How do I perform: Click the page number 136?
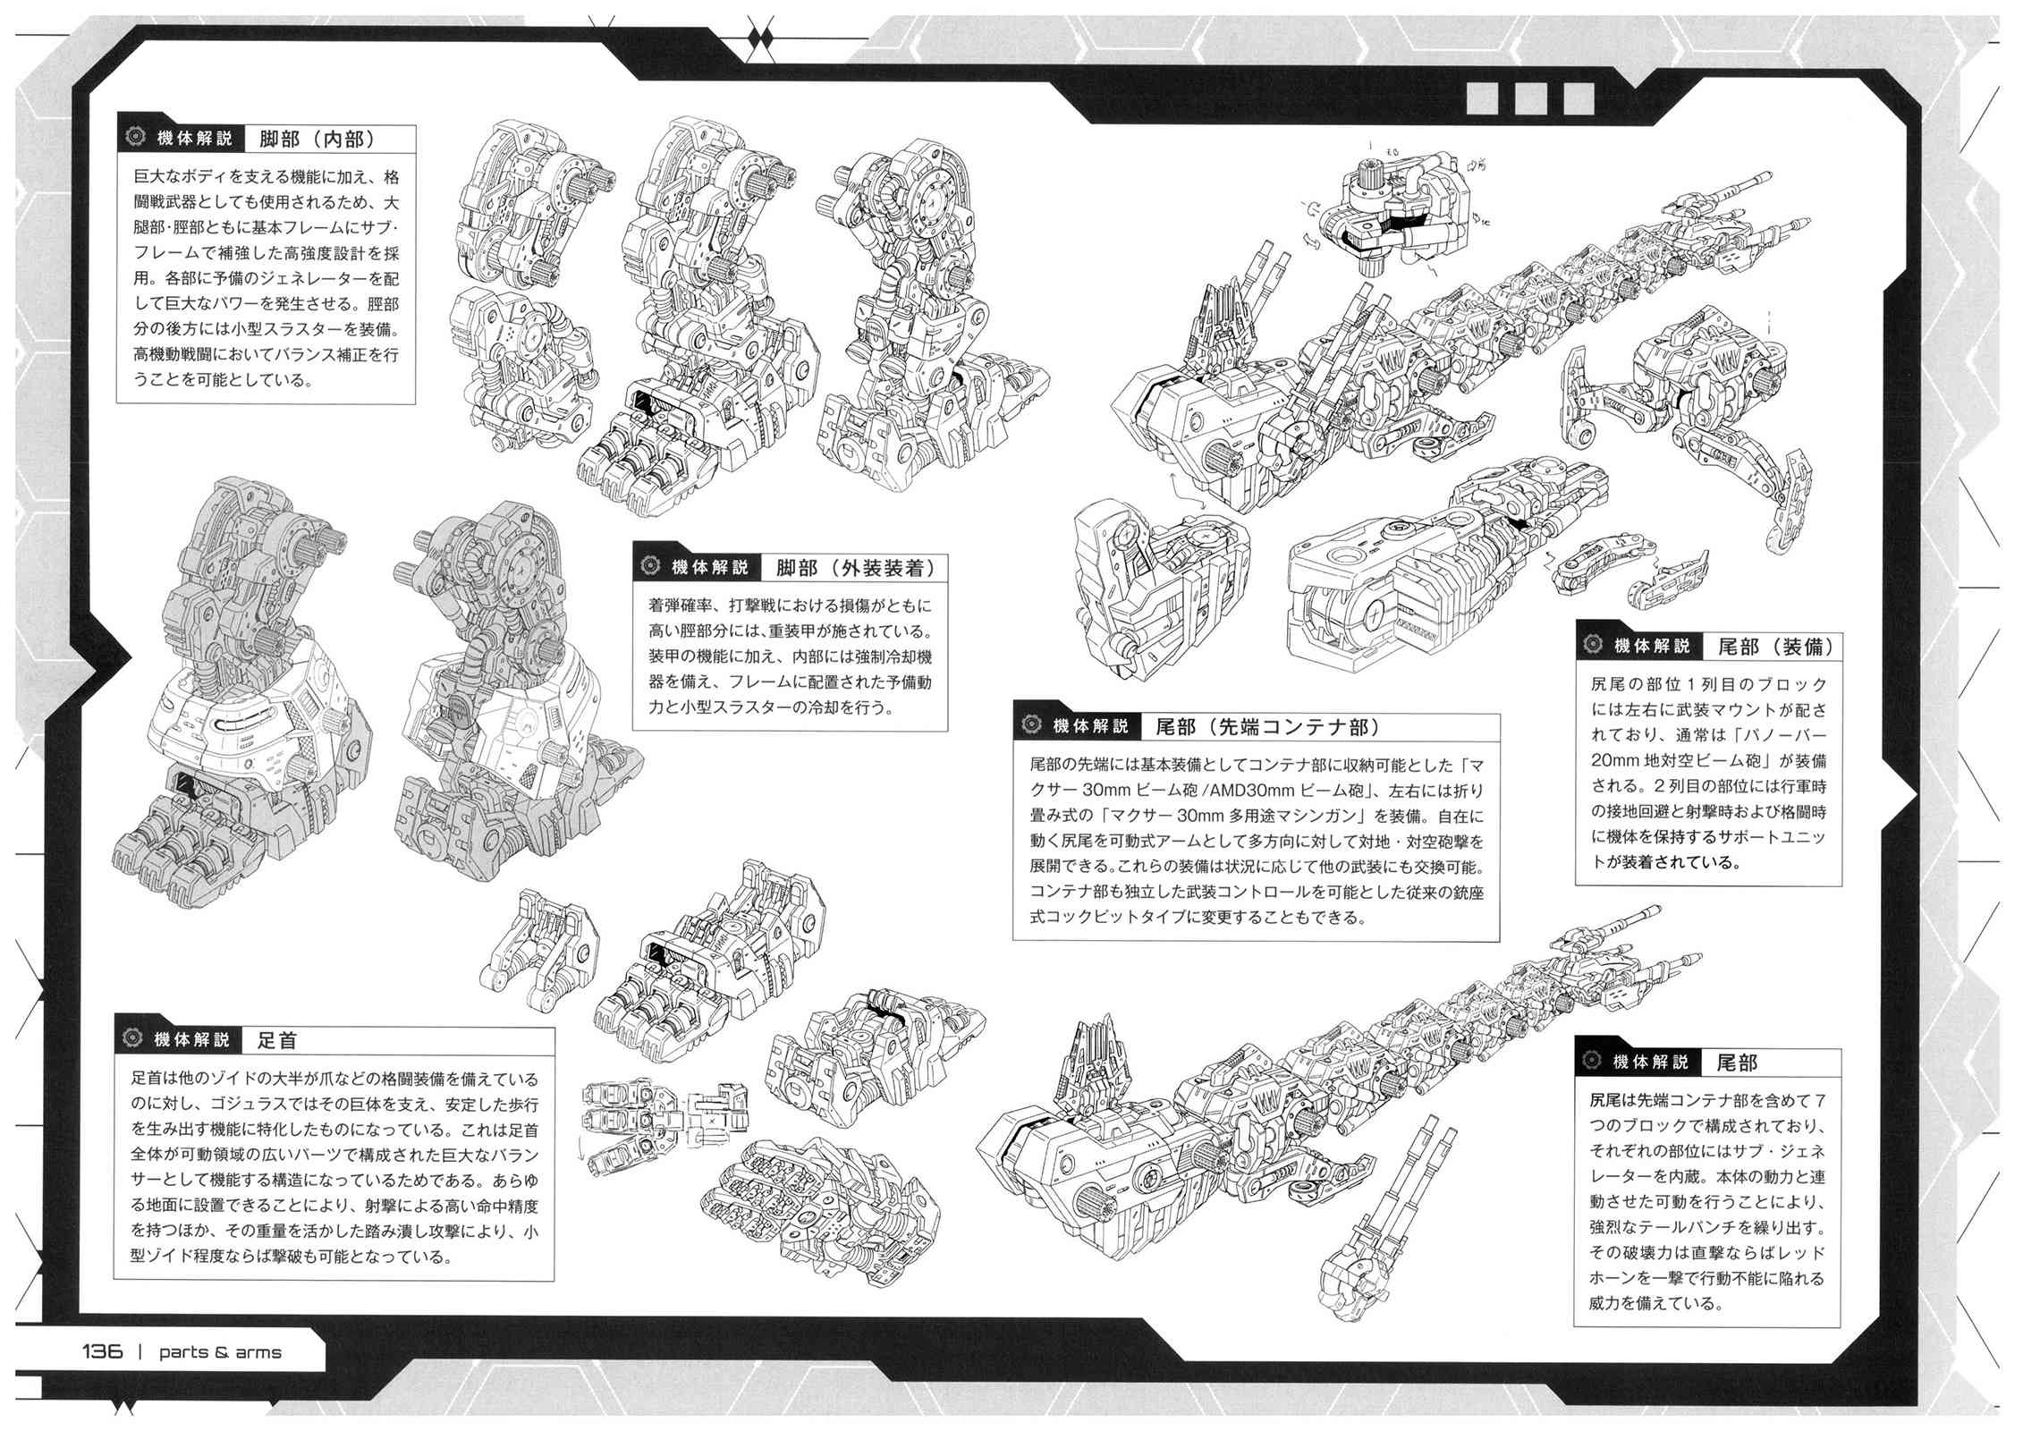[x=103, y=1351]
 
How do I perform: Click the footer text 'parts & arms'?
[x=220, y=1352]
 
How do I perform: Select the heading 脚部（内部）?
[x=316, y=139]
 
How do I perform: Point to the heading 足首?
[x=277, y=1039]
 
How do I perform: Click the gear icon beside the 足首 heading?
[x=135, y=1039]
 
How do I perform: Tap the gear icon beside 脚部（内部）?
[x=137, y=139]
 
